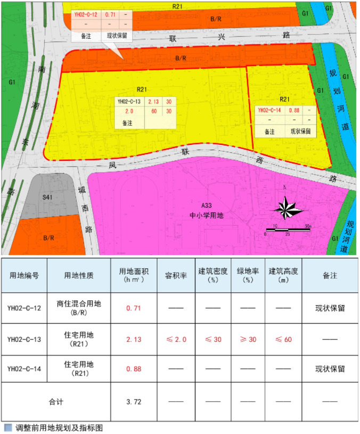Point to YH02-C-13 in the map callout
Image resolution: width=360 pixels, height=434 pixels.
click(129, 101)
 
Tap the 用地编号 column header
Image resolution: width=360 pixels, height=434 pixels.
click(24, 275)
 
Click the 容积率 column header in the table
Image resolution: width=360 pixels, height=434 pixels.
click(174, 275)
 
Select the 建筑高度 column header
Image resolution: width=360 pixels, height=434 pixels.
click(283, 275)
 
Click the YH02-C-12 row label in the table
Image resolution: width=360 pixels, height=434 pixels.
click(24, 308)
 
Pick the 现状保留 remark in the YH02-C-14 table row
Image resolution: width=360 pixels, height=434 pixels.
click(330, 369)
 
